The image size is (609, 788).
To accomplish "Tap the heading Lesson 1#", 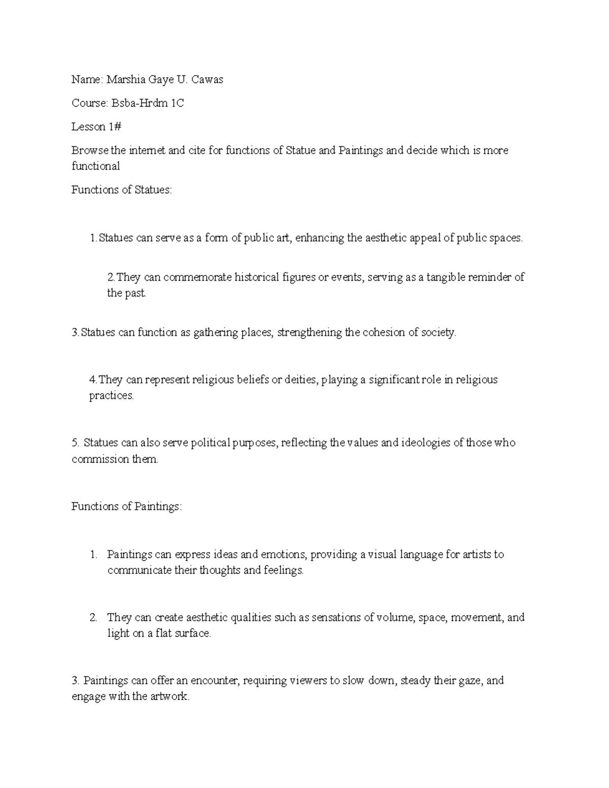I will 96,127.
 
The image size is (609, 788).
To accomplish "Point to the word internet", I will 147,150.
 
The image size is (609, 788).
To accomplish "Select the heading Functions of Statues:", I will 122,190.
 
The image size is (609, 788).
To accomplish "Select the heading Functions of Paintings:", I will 126,506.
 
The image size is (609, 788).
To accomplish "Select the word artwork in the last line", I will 168,697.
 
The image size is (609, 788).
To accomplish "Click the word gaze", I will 472,681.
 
